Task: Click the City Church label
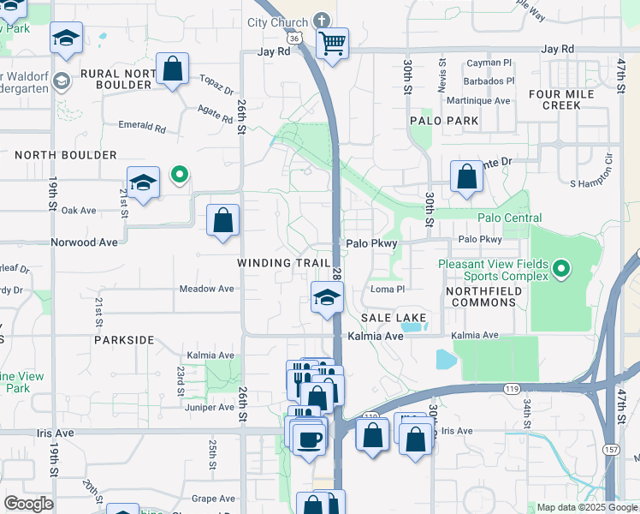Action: tap(277, 22)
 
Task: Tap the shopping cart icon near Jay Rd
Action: tap(332, 42)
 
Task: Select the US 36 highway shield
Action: tap(293, 39)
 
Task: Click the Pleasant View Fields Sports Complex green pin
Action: tap(561, 270)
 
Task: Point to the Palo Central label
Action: tap(510, 218)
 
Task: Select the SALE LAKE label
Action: tap(394, 318)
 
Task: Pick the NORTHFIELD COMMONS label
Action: tap(483, 296)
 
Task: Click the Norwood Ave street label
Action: tap(84, 242)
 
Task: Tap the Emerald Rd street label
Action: tap(142, 127)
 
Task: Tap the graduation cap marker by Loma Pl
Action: tap(326, 297)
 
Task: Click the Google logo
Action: tap(28, 504)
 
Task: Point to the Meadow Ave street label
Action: tap(206, 289)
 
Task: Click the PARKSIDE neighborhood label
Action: tap(124, 340)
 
